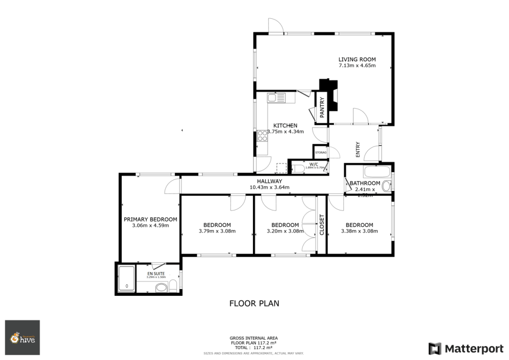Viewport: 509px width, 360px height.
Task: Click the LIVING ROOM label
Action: tap(357, 59)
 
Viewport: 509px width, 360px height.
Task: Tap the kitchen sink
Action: tap(278, 98)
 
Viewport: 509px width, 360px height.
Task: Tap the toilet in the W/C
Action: tap(299, 169)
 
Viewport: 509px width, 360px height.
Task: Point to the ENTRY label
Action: tap(357, 151)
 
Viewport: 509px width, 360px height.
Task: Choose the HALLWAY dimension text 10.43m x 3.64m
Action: tap(269, 187)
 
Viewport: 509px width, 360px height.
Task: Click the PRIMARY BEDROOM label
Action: tap(150, 219)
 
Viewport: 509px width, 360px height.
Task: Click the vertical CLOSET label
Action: tap(322, 225)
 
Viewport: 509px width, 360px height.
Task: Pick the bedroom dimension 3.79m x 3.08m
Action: tap(217, 231)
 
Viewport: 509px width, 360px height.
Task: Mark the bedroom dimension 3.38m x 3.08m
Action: tap(359, 231)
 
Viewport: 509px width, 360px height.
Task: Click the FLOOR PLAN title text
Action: tap(254, 303)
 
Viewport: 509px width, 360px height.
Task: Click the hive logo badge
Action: tap(22, 338)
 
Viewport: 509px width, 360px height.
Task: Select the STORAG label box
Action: tap(321, 152)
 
